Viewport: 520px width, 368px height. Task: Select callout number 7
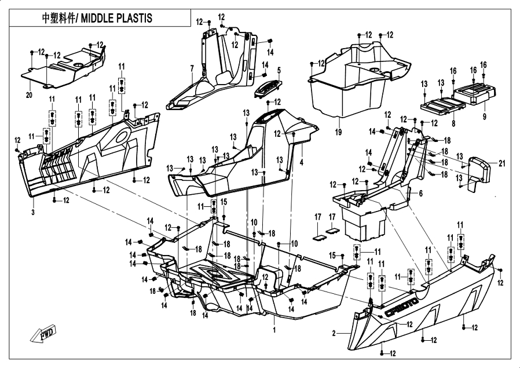192,69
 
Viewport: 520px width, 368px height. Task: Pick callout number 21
501,163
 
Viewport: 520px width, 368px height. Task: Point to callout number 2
334,333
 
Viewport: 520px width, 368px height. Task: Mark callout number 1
274,329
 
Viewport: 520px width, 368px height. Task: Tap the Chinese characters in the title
58,18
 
